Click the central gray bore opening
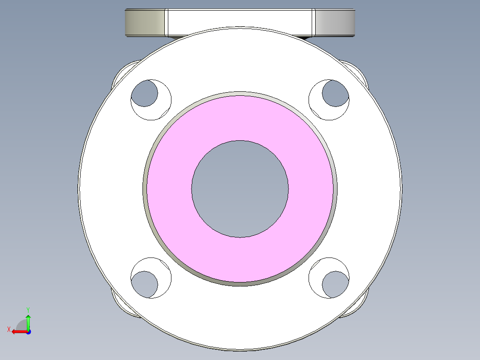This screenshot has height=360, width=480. (240, 189)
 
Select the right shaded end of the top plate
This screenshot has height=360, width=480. (335, 23)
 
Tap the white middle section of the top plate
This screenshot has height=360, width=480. (240, 20)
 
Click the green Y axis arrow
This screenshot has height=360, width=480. (28, 321)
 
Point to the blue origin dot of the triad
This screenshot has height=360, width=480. (28, 331)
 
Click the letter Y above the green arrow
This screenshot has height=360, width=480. (28, 309)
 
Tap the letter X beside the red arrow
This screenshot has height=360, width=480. (8, 329)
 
